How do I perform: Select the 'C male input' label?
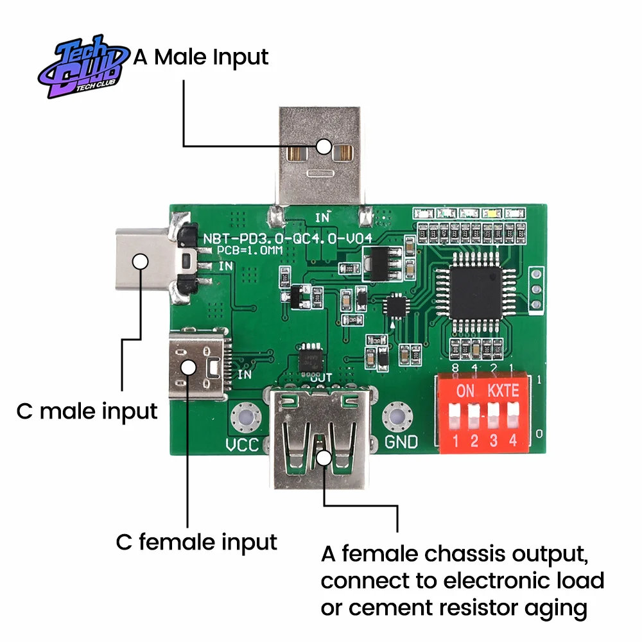point(87,411)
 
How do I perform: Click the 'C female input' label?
point(196,542)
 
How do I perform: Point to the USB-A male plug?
point(320,157)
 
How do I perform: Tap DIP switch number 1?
point(455,415)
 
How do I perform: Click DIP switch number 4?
point(514,415)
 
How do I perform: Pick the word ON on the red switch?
point(465,390)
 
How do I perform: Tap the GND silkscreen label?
point(401,442)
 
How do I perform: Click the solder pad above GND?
point(397,417)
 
